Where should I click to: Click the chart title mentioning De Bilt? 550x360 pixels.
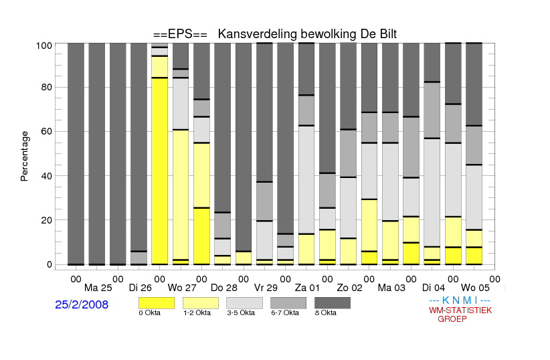click(275, 34)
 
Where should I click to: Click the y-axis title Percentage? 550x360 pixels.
click(24, 156)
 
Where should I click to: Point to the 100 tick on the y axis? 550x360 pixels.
click(44, 46)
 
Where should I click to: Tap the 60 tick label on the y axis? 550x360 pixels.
click(47, 131)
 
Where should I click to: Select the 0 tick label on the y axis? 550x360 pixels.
click(50, 264)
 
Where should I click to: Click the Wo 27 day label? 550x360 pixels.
click(182, 288)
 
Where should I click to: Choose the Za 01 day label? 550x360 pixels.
click(307, 288)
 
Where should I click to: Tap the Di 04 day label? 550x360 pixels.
click(433, 288)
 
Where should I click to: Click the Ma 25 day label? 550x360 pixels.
click(98, 288)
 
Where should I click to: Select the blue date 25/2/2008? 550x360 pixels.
click(82, 304)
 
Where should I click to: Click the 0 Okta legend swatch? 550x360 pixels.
click(157, 303)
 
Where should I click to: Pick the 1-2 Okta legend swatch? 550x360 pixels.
click(201, 303)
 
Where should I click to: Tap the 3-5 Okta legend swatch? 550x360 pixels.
click(244, 303)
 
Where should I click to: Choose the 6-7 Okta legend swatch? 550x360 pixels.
click(288, 303)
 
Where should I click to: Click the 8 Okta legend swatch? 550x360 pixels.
click(333, 303)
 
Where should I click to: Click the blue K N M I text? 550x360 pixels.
click(460, 300)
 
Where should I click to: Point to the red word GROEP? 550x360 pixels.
click(452, 319)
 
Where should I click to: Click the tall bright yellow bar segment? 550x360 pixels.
click(160, 171)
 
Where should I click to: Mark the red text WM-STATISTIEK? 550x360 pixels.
click(460, 310)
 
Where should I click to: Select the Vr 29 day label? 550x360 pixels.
click(266, 288)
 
